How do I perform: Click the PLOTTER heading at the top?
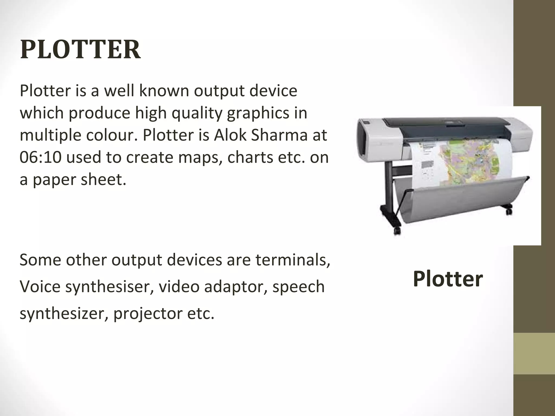click(80, 50)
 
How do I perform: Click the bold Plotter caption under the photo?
click(448, 279)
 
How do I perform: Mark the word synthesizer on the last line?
click(64, 314)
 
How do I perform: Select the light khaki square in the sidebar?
click(534, 353)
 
